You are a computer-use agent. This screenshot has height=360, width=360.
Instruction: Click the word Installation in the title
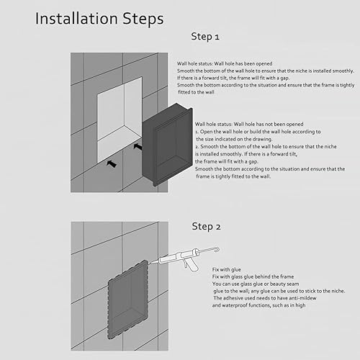76,19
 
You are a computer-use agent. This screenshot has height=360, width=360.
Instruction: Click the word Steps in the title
143,19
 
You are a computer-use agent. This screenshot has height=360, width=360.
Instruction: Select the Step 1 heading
205,37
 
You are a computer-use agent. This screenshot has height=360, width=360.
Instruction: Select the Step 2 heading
206,226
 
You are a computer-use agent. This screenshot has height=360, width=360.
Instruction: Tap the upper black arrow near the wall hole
138,146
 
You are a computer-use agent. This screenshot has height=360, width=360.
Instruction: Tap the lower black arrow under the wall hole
112,163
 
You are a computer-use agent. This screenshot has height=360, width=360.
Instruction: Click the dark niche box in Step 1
168,145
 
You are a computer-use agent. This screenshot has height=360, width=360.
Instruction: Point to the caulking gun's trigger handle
190,265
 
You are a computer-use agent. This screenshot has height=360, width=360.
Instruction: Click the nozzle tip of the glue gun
149,264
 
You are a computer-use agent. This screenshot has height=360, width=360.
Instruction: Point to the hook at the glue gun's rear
217,250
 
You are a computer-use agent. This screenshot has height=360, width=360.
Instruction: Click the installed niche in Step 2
127,300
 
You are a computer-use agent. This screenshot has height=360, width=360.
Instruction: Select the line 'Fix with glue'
226,269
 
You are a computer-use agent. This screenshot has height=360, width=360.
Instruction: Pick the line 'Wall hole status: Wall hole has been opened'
225,63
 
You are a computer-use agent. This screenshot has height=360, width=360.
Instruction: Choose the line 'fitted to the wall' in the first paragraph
196,92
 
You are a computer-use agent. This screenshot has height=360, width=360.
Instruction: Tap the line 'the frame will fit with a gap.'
227,161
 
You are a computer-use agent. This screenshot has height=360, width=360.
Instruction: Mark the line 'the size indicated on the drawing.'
234,139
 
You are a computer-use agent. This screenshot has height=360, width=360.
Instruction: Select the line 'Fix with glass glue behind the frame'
253,276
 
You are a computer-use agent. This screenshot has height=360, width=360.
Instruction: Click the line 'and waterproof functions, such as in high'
258,305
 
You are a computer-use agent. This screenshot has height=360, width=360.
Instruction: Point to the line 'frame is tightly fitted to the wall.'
233,176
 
